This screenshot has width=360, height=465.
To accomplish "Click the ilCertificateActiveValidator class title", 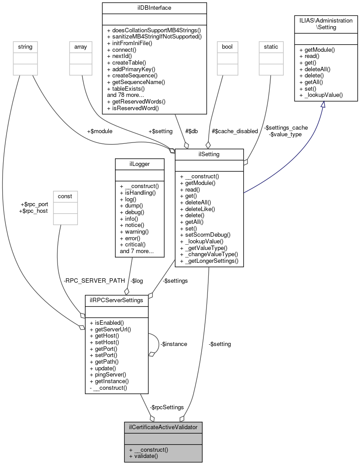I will click(x=163, y=427).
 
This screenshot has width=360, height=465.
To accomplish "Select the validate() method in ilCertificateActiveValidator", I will click(x=143, y=455).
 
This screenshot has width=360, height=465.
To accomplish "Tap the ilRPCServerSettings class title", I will click(x=116, y=300).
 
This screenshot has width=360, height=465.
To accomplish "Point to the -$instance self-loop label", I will click(x=173, y=344).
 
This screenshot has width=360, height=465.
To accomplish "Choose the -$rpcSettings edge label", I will click(x=167, y=407).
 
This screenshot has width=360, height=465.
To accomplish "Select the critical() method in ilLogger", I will click(x=133, y=244).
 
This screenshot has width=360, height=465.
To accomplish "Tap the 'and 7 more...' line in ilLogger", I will click(x=137, y=251).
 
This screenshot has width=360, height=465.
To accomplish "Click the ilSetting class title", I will click(x=209, y=154).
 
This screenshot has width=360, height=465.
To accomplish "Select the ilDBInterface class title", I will click(x=154, y=8).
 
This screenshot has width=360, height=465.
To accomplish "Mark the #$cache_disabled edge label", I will click(x=234, y=131).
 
